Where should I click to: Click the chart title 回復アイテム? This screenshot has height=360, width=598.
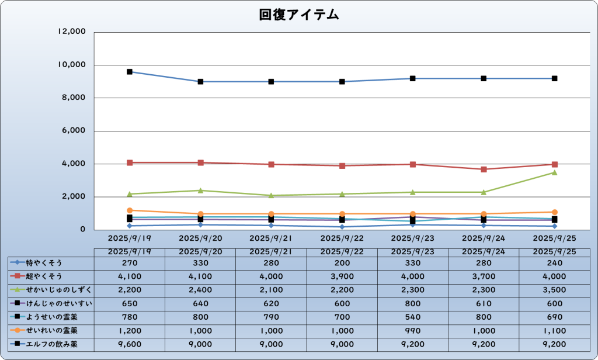coord(299,15)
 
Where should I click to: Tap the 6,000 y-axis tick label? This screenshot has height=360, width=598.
coord(74,131)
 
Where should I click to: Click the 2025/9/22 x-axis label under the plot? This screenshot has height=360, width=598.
coord(342,238)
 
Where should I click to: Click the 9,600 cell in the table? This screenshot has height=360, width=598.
coord(129,345)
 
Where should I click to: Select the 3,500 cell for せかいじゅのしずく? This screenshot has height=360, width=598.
coord(555,290)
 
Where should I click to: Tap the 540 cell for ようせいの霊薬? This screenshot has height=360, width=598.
coord(413,317)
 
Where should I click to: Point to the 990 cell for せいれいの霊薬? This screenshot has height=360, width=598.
coord(413,331)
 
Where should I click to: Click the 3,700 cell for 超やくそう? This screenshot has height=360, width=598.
coord(484,276)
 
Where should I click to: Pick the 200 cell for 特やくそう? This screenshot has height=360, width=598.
coord(342,262)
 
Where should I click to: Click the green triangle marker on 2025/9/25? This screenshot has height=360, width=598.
coord(555,172)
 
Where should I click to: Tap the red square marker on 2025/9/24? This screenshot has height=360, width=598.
coord(484,169)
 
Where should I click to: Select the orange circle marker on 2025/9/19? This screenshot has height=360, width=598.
coord(130,210)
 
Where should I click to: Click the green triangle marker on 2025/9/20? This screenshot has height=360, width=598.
coord(200,191)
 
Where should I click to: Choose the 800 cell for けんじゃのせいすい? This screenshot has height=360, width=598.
coord(413,303)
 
